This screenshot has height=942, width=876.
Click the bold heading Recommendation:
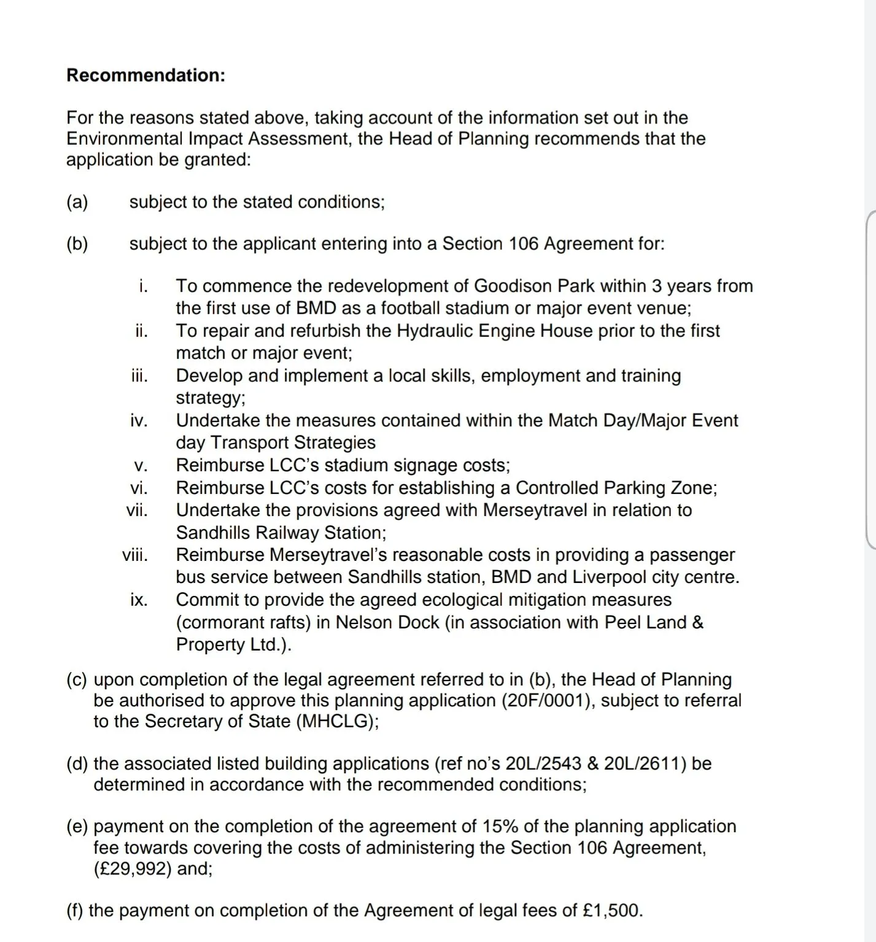[x=145, y=75]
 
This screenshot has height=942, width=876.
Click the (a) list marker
[x=77, y=202]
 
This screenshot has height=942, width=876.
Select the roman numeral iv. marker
[x=139, y=420]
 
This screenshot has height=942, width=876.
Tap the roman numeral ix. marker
[x=139, y=600]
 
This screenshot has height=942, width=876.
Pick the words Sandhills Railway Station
[x=280, y=533]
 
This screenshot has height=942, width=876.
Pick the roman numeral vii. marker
[x=137, y=510]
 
